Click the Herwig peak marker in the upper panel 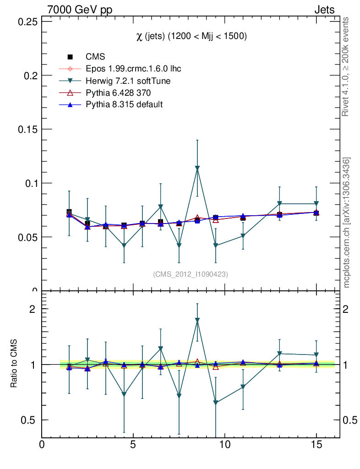[197, 169]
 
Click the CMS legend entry [95, 57]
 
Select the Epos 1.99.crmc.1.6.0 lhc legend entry [133, 69]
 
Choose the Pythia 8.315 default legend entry [124, 104]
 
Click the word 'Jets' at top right [324, 10]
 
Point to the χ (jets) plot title [191, 37]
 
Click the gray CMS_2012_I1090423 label [191, 274]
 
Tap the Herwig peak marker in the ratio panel [197, 321]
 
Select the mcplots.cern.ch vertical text [347, 223]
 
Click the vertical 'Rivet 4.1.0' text [346, 67]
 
